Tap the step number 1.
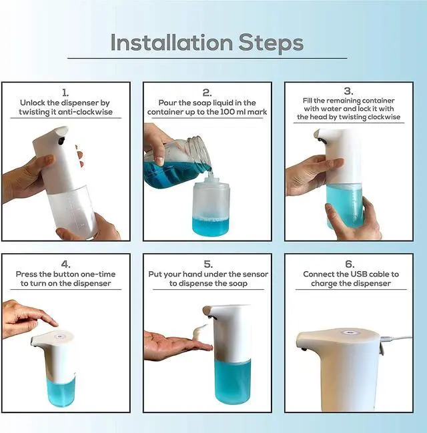(x=65, y=93)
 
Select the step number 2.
(x=207, y=93)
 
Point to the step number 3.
(x=348, y=91)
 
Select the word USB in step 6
(x=361, y=274)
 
